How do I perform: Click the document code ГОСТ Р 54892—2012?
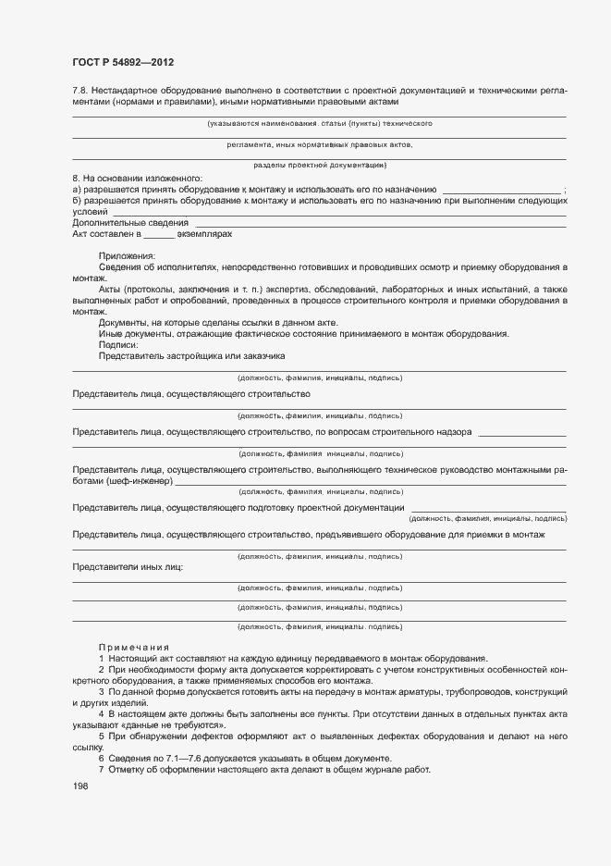tap(123, 62)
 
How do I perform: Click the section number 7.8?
tap(80, 90)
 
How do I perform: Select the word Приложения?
tap(128, 255)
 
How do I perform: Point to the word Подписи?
tap(117, 344)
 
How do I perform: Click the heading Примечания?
tap(134, 647)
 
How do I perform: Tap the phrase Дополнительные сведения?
tap(129, 223)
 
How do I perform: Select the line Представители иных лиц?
tap(128, 567)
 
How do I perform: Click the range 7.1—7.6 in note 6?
tap(173, 758)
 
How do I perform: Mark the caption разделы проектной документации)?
tap(320, 165)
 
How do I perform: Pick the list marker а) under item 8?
tap(77, 189)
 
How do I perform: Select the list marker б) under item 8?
tap(77, 200)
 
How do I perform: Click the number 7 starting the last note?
tap(101, 771)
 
